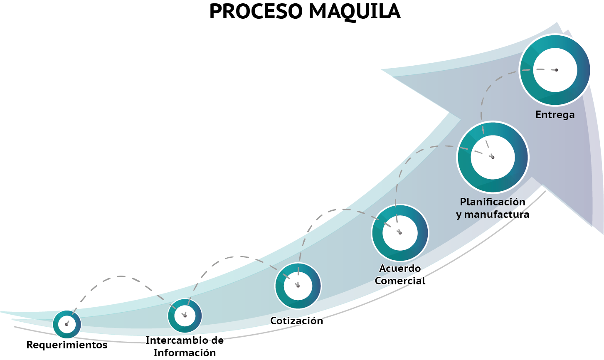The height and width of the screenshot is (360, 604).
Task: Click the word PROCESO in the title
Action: click(254, 12)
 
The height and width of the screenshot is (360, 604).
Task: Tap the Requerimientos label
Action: click(67, 345)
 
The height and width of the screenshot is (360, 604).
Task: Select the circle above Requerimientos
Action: click(67, 324)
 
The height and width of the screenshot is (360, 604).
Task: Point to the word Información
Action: click(185, 353)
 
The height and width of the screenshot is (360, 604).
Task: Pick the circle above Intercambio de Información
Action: click(185, 316)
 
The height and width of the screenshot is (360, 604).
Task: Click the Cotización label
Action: click(296, 321)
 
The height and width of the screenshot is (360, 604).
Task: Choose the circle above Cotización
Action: click(298, 286)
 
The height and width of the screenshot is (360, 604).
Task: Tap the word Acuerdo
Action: click(400, 269)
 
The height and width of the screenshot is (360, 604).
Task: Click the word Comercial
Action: click(400, 281)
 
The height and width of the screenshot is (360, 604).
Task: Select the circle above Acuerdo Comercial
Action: click(400, 233)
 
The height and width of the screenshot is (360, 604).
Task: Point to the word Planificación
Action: click(493, 202)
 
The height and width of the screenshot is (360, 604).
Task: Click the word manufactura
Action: click(497, 215)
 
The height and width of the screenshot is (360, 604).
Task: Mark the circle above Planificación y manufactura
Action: click(493, 157)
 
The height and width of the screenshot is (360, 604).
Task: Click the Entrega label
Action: click(555, 115)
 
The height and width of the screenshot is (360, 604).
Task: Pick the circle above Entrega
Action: click(555, 70)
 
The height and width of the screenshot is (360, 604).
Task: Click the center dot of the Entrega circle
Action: click(556, 70)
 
